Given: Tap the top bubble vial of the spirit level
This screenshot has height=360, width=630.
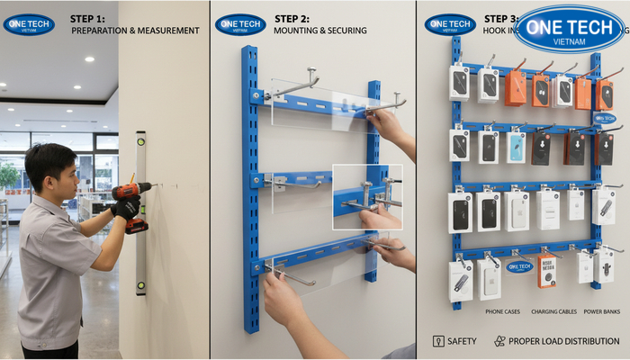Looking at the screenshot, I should point(140,139).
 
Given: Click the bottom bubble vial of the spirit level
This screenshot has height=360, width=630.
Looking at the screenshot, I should point(140,287).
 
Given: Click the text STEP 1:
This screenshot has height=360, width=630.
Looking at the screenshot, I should point(87,18).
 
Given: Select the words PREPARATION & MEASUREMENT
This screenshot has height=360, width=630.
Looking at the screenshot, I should point(135,31).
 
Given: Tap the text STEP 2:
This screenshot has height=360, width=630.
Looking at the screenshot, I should point(292,18).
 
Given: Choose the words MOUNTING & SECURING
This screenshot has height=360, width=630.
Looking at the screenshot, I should point(319,31).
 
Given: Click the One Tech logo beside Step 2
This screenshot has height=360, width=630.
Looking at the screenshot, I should point(239,24).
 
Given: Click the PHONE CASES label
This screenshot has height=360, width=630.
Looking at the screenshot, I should point(502,312).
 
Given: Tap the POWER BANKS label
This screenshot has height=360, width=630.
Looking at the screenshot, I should point(601,312).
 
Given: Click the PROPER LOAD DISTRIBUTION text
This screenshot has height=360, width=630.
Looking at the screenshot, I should point(563,341).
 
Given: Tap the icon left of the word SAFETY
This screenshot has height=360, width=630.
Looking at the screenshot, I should point(438,341).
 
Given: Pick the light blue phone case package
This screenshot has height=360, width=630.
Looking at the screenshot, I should point(516,148).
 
